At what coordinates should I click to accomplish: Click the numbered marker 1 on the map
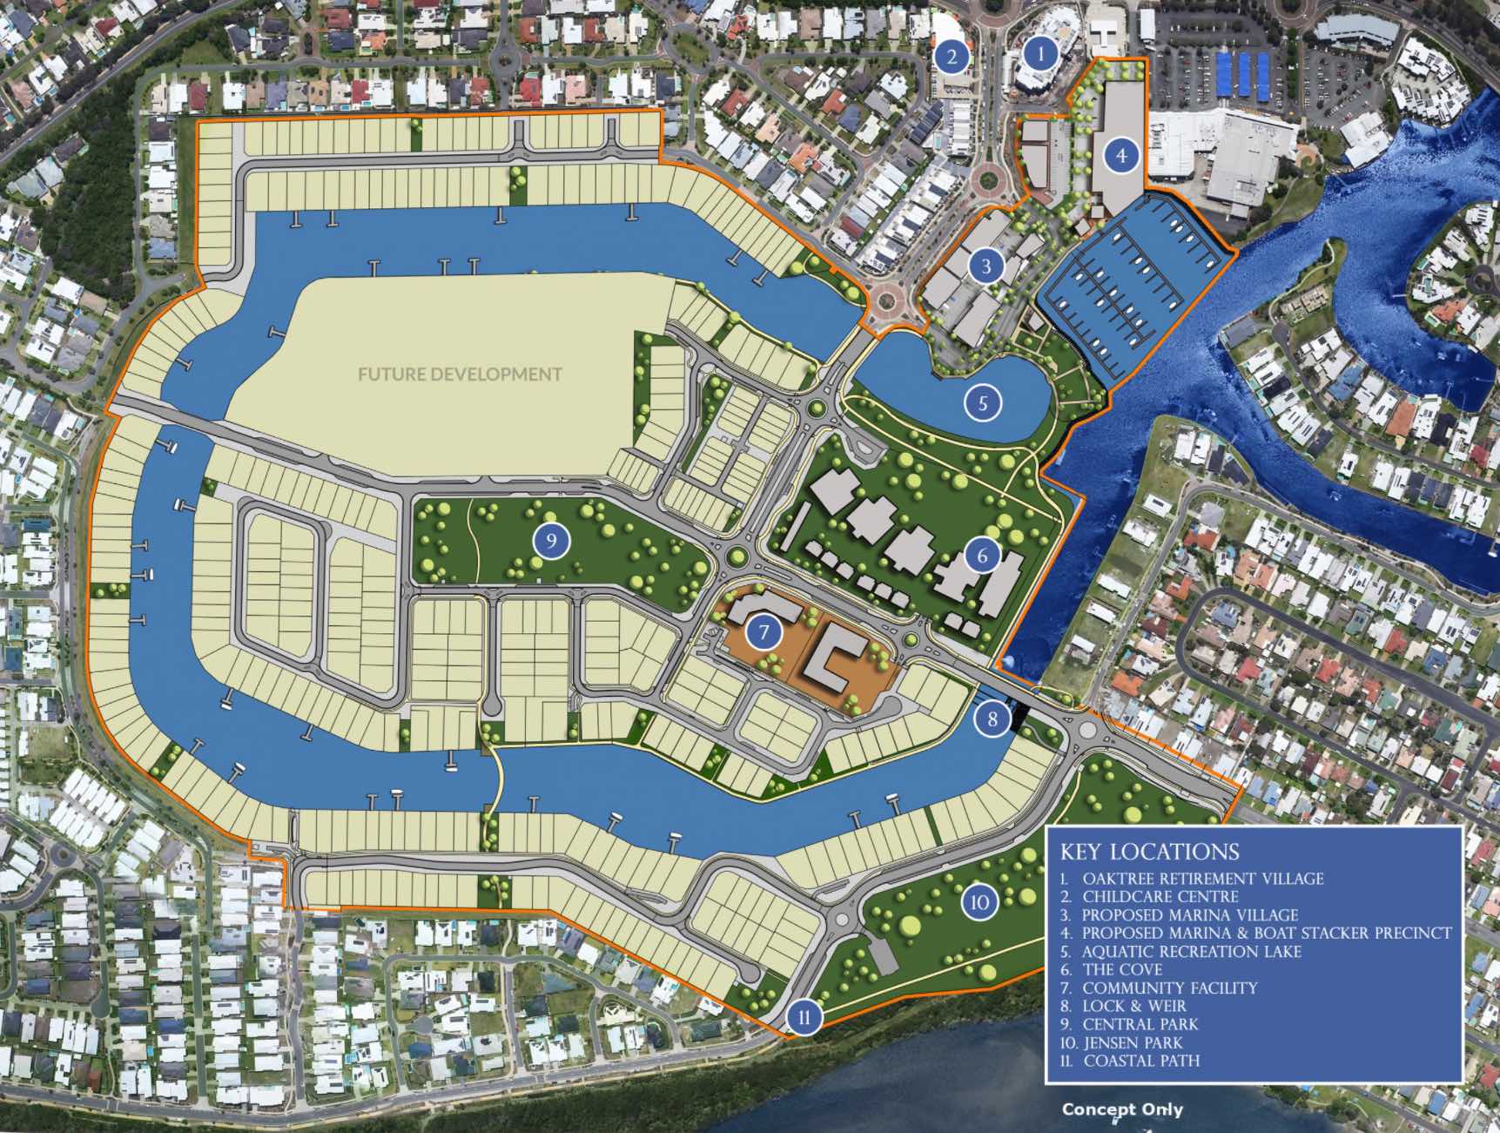click(1039, 54)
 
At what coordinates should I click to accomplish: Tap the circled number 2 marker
click(952, 57)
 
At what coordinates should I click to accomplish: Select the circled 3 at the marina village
click(986, 266)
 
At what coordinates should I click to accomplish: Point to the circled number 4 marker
click(1121, 156)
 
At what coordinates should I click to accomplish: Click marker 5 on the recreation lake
click(984, 402)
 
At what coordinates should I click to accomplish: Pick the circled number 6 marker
click(983, 555)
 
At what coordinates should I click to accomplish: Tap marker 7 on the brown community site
click(764, 631)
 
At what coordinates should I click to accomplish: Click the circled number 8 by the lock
click(992, 718)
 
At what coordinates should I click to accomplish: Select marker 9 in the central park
click(551, 541)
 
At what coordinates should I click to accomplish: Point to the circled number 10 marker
click(979, 902)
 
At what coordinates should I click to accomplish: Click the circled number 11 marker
click(804, 1017)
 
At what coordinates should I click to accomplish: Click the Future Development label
click(460, 374)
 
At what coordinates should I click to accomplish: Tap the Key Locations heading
click(1149, 852)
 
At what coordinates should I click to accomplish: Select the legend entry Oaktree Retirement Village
click(1201, 879)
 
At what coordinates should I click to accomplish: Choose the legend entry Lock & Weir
click(1133, 1006)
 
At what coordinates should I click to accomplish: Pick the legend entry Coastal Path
click(1140, 1061)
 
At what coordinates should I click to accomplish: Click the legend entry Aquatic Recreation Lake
click(1191, 952)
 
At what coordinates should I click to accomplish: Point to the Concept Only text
click(1122, 1109)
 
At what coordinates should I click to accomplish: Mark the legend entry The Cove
click(1121, 969)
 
